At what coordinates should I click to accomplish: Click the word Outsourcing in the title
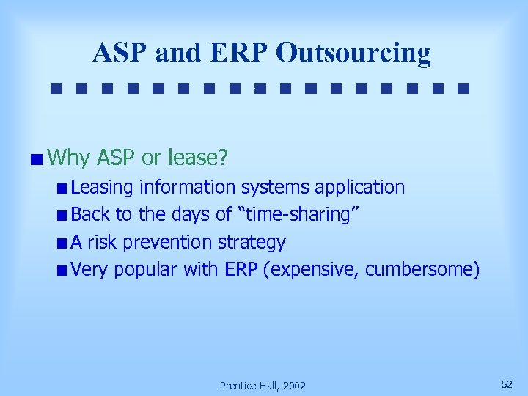coord(354,52)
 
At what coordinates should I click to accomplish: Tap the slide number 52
coord(506,384)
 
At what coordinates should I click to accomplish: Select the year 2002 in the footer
coord(293,386)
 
